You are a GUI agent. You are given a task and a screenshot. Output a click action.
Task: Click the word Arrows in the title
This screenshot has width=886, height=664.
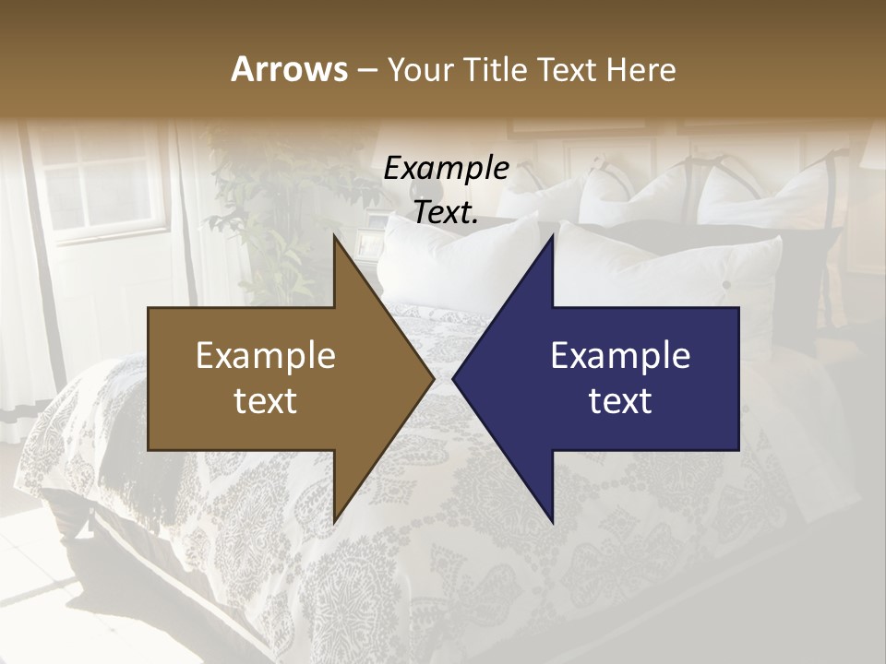[x=290, y=69]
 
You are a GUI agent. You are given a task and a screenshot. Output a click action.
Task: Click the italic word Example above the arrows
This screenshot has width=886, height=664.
[x=447, y=169]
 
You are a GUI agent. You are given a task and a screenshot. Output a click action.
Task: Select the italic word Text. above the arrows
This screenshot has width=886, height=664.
[x=447, y=213]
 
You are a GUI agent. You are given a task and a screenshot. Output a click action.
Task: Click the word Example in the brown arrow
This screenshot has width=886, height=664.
[x=266, y=356]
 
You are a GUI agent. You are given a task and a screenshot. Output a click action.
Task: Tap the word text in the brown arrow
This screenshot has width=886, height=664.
[x=266, y=402]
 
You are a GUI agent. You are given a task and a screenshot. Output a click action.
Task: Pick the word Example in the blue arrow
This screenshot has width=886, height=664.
[x=620, y=356]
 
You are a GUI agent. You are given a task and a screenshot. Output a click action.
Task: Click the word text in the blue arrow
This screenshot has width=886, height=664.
[x=620, y=402]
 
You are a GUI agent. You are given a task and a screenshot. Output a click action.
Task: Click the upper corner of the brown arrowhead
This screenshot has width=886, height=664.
[x=334, y=237]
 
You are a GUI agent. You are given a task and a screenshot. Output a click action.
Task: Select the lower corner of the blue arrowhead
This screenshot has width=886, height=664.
[x=552, y=521]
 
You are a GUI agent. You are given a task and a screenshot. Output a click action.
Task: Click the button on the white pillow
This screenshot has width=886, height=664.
[x=726, y=284]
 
